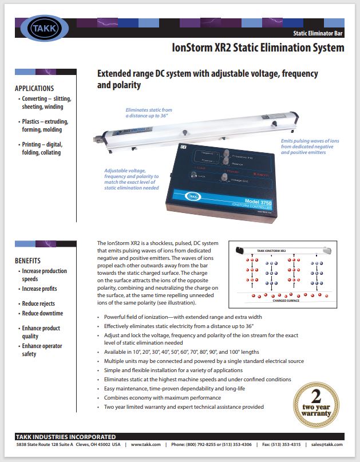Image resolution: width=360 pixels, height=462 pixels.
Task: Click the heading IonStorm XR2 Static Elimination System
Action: click(x=258, y=48)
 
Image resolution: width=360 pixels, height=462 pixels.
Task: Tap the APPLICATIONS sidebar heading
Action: click(x=34, y=89)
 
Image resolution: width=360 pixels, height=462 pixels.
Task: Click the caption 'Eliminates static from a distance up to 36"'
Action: click(x=149, y=112)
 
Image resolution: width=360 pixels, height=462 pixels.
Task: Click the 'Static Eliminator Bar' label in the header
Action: click(x=318, y=34)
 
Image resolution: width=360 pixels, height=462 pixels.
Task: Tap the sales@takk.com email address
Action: click(x=326, y=444)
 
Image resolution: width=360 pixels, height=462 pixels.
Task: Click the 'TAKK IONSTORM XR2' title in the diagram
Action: click(x=275, y=251)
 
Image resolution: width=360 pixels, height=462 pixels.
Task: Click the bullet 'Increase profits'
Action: click(x=39, y=289)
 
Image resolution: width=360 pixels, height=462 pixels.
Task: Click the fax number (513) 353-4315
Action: click(x=284, y=444)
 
